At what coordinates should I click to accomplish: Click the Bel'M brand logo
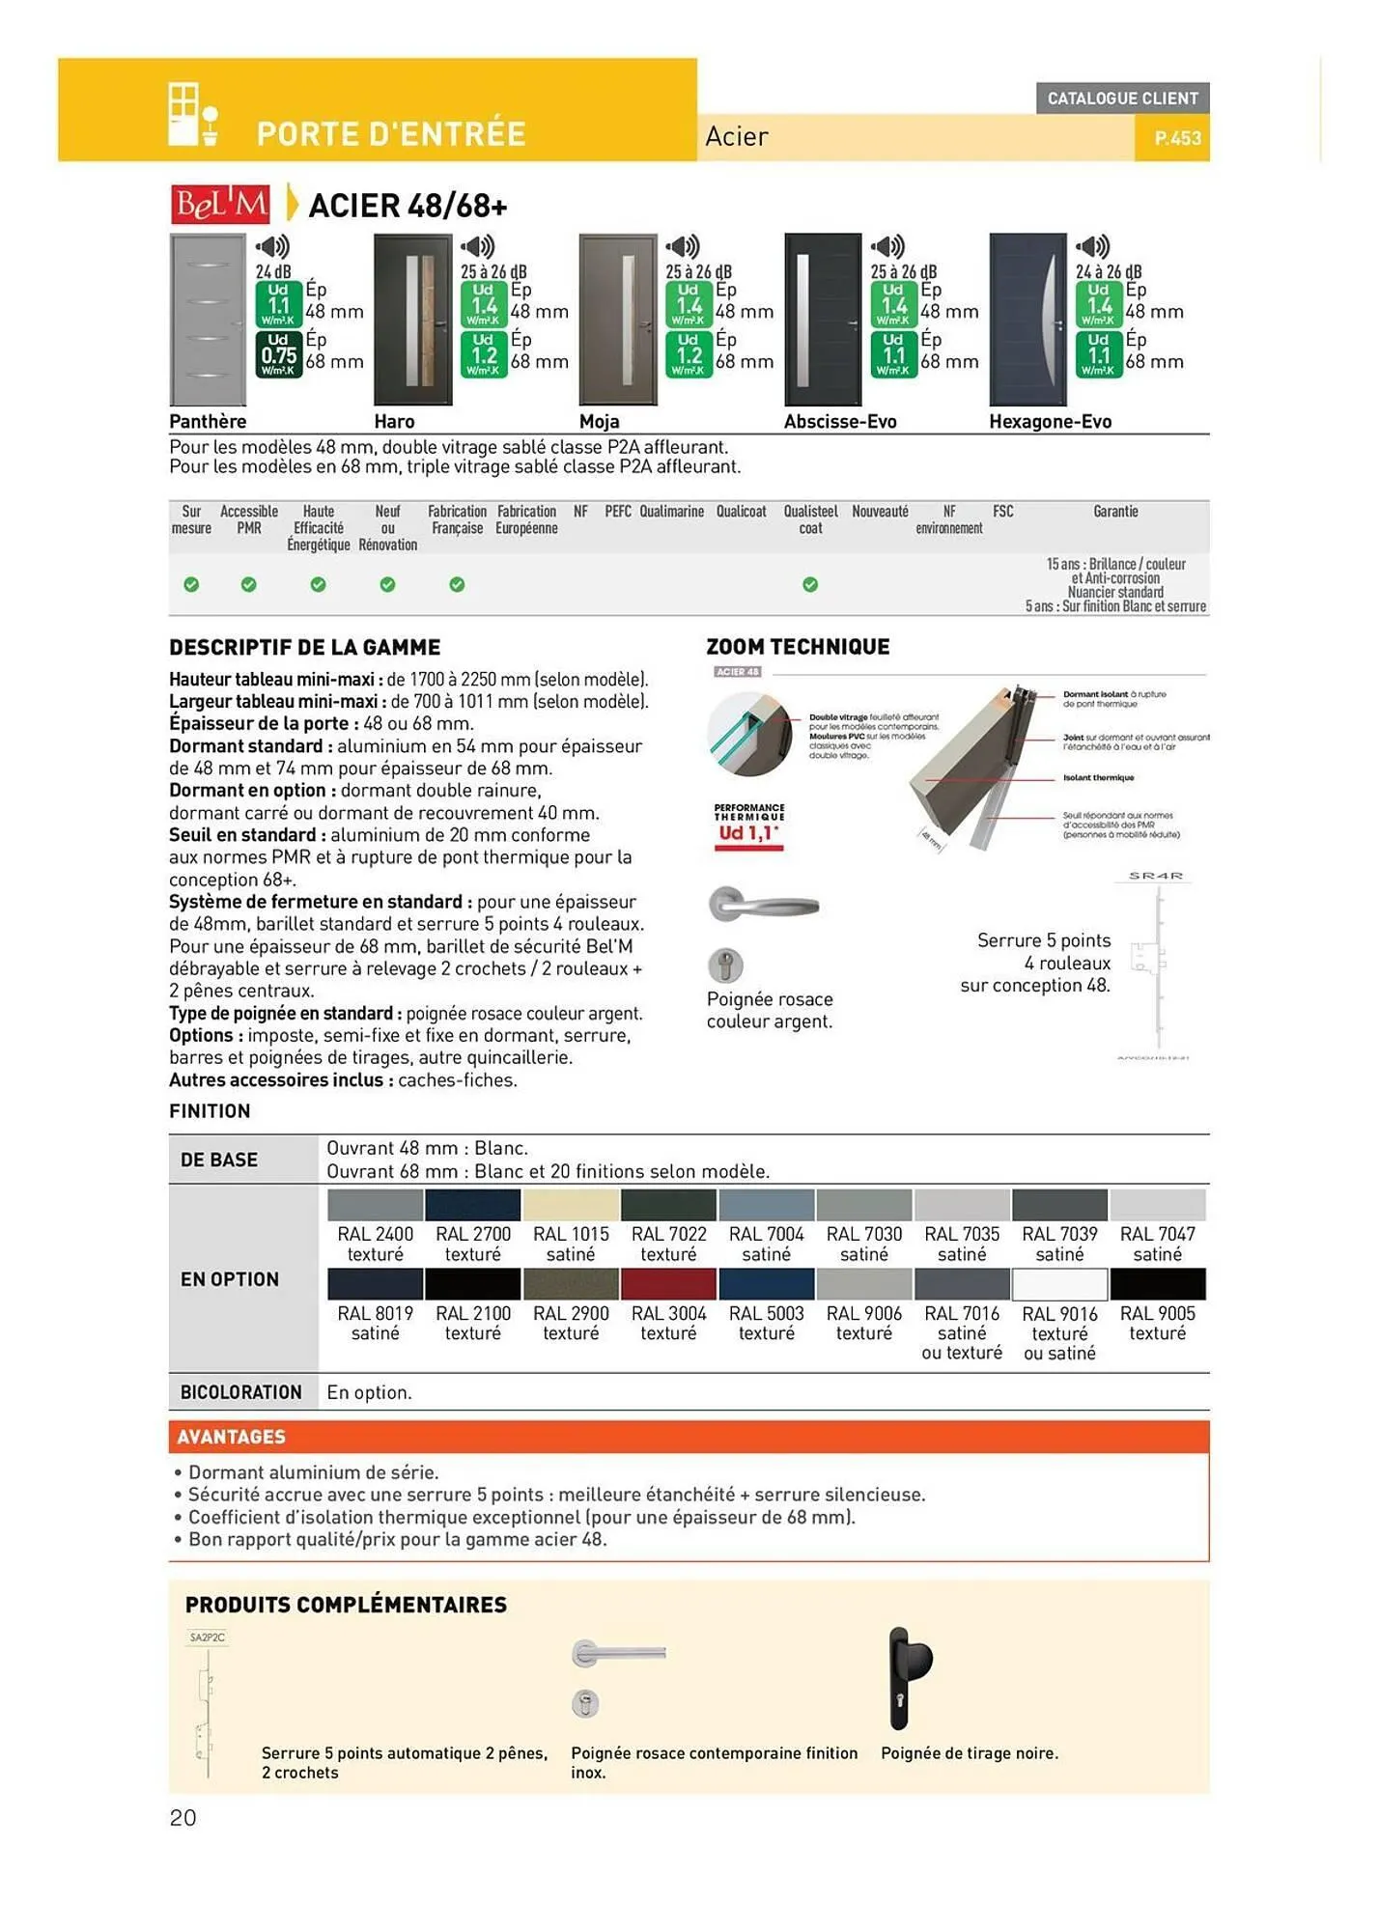pos(221,204)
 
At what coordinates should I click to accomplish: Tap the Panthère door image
pos(208,320)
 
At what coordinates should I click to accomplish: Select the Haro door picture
pos(412,320)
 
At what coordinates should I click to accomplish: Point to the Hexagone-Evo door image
pos(1028,320)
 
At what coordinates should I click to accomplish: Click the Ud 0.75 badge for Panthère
pos(278,354)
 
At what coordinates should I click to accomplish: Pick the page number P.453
pos(1177,138)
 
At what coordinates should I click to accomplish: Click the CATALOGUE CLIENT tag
pos(1122,98)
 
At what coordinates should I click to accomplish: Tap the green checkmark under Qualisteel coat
pos(810,584)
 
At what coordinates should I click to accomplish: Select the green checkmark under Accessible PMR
pos(249,584)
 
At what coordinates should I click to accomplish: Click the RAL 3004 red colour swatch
pos(668,1284)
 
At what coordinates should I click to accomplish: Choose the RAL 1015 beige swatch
pos(571,1205)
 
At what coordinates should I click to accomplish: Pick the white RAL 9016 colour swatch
pos(1059,1284)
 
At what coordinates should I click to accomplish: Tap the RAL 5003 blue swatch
pos(766,1284)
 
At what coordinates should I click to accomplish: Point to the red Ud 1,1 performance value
pos(748,833)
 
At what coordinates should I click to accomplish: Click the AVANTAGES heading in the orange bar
pos(232,1437)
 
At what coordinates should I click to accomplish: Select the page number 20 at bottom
pos(183,1818)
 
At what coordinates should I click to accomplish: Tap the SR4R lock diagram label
pos(1156,876)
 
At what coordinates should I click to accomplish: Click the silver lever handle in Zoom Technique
pos(763,905)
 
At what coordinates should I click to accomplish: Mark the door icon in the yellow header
pos(192,115)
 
